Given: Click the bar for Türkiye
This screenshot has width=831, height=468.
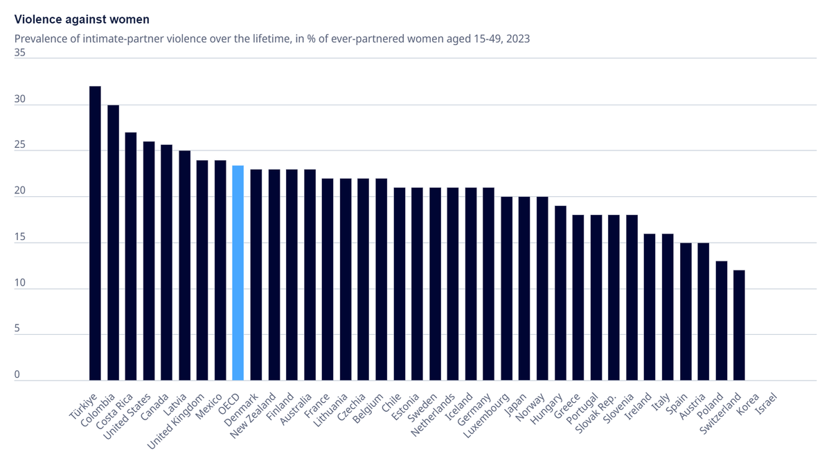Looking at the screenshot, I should [x=95, y=233].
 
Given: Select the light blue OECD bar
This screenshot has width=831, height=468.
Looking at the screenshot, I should [x=238, y=272].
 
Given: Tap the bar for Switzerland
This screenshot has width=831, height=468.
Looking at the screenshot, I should [x=739, y=324].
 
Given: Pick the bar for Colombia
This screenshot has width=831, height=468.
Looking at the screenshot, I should [x=113, y=243].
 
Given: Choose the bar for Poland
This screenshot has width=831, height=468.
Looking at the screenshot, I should [x=721, y=320].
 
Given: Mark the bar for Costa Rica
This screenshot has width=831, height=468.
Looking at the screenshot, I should [x=131, y=256].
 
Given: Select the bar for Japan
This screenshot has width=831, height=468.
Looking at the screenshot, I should [x=524, y=288].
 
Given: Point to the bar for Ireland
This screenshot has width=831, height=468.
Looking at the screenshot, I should [x=650, y=306].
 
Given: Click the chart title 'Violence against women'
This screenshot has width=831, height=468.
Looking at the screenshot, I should [x=82, y=19].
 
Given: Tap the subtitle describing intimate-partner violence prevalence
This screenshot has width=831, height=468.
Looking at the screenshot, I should [x=272, y=39].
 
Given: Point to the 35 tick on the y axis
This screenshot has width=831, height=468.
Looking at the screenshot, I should [x=19, y=52].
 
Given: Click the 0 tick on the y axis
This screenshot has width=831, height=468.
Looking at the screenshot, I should [x=17, y=374].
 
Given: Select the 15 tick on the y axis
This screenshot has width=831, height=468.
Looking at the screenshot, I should [x=19, y=237].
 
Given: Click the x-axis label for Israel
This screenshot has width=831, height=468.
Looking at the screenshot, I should [x=767, y=405].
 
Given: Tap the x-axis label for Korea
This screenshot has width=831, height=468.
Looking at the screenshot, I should [x=749, y=405].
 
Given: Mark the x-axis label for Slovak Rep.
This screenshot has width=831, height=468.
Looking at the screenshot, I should [x=596, y=415].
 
